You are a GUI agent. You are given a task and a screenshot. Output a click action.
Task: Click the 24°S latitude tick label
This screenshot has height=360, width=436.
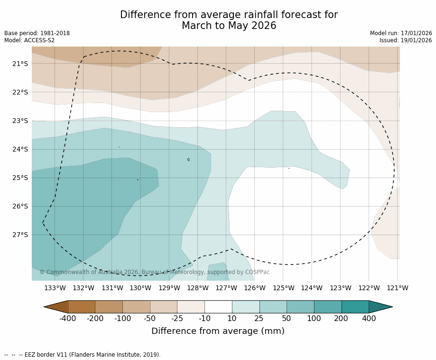[x=20, y=149]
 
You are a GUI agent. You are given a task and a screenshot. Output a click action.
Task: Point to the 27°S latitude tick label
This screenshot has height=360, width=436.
[x=20, y=235]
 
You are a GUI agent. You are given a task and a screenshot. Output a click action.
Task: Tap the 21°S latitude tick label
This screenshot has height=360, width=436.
[x=20, y=64]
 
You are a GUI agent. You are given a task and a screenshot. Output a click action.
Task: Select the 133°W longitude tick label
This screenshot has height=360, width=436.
[x=55, y=288]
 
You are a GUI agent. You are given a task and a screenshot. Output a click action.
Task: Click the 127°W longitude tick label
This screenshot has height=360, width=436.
[x=226, y=288]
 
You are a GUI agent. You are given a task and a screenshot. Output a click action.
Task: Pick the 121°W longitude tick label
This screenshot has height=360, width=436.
[x=398, y=288]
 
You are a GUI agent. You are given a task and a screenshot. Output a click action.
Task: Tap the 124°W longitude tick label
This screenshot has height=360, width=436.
[x=312, y=288]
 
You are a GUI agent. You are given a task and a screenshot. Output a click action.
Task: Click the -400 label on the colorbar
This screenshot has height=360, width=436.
[x=68, y=318]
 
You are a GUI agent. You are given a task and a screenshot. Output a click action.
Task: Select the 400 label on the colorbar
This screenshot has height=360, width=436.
[x=369, y=318]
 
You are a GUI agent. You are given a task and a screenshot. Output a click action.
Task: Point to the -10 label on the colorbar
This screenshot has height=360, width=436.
[x=204, y=318]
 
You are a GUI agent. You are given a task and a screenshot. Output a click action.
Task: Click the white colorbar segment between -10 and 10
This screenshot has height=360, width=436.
[x=218, y=307]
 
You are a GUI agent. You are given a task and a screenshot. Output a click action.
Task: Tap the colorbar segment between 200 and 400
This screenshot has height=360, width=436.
[x=355, y=307]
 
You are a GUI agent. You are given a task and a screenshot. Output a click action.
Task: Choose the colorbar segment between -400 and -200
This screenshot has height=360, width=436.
[x=82, y=307]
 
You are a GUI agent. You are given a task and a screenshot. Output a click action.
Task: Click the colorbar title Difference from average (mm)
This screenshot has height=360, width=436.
[x=218, y=331]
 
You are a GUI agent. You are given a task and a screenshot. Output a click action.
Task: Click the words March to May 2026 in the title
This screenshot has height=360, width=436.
[x=229, y=26]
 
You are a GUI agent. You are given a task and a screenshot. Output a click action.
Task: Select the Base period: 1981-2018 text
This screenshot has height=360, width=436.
[x=37, y=33]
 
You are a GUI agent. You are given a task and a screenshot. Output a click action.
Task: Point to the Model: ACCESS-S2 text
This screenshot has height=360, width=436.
[x=29, y=40]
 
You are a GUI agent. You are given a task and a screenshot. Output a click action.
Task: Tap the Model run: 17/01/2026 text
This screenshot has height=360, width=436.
[x=401, y=33]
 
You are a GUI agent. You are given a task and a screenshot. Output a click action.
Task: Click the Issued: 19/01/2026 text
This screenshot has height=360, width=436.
[x=406, y=40]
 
